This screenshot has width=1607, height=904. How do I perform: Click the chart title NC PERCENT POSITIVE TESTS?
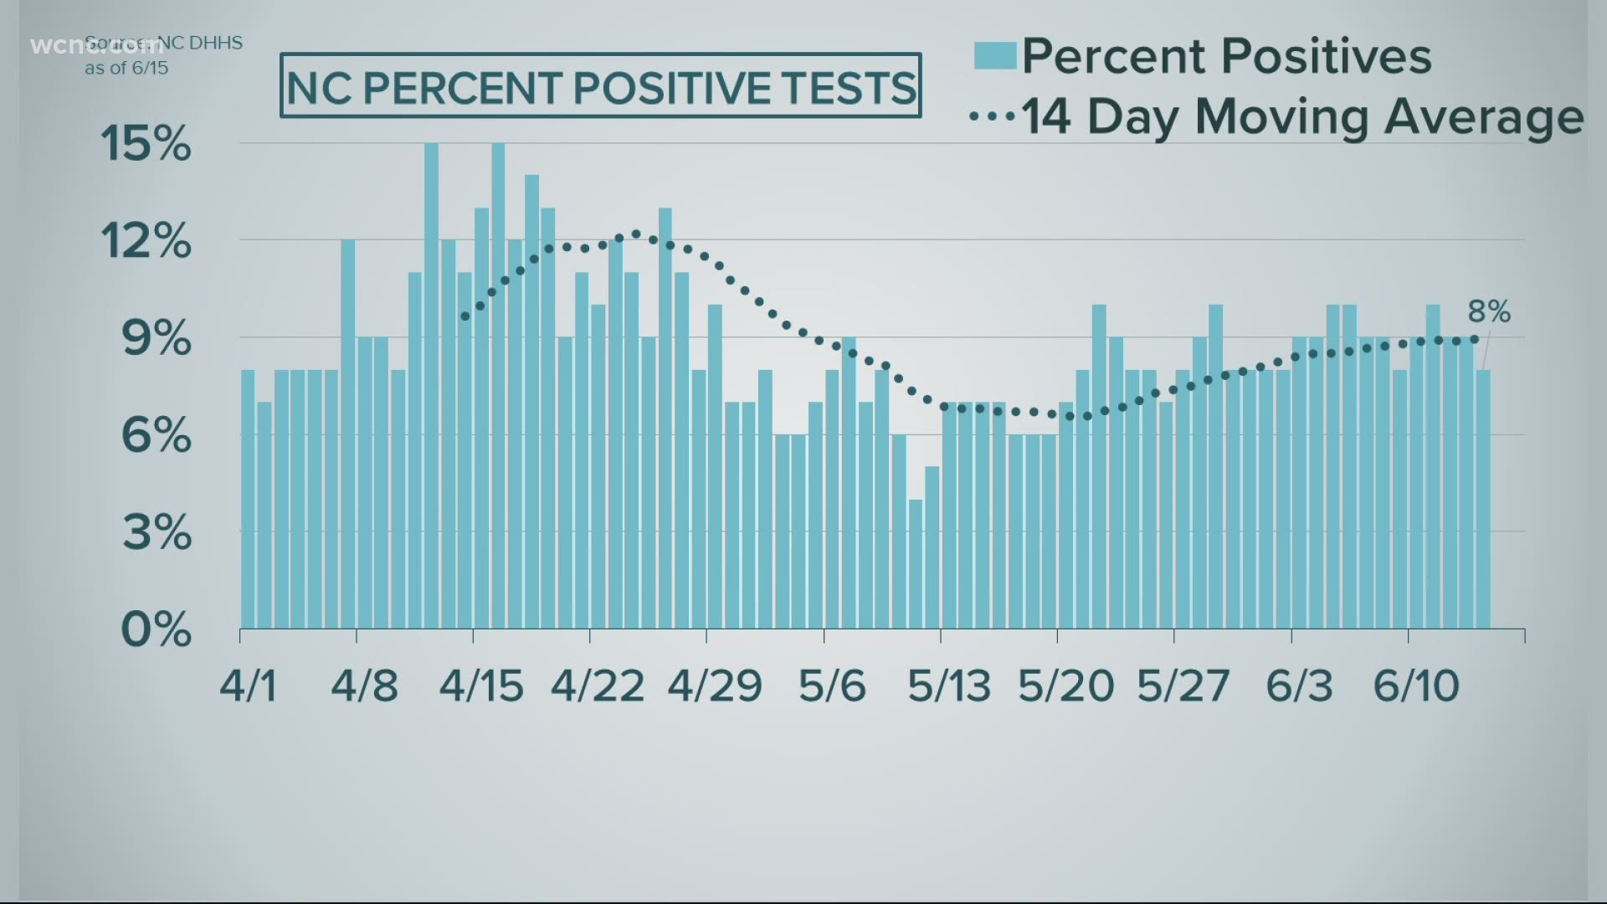click(600, 86)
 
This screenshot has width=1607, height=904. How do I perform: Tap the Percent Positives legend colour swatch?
click(995, 56)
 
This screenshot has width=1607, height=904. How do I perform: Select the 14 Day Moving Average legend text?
click(1302, 116)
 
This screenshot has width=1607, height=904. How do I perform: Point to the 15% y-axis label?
click(146, 144)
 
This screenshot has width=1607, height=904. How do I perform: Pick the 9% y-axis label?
click(156, 339)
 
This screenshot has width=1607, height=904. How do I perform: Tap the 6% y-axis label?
click(156, 436)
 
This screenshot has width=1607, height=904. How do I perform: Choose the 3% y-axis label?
click(156, 532)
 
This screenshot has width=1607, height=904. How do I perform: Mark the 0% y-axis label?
click(156, 629)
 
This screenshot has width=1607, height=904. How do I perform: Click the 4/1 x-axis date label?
click(248, 686)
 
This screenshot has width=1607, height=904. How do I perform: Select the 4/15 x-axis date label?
click(481, 686)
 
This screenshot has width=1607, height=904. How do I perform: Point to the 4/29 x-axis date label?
click(715, 686)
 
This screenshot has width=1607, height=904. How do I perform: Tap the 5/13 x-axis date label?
click(949, 686)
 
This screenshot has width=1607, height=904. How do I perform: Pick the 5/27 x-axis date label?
click(1183, 686)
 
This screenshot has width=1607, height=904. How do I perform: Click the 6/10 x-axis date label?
click(1416, 686)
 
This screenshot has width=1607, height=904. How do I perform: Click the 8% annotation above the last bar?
click(1489, 312)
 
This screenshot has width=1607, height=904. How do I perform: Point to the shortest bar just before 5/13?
click(916, 564)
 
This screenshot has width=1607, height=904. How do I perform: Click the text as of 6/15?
click(126, 68)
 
